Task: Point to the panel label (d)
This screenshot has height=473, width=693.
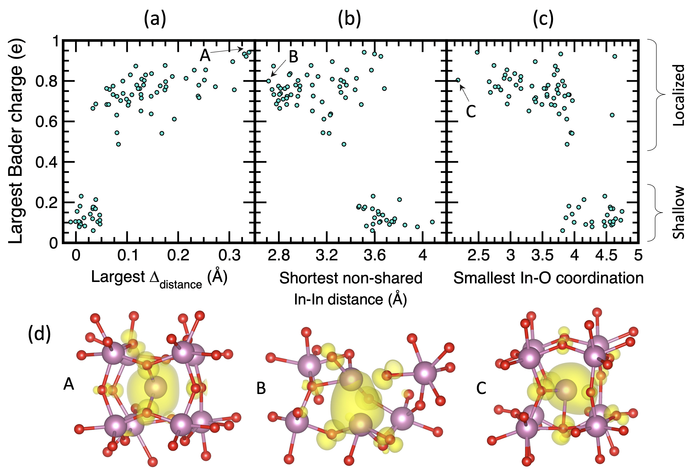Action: coord(39,334)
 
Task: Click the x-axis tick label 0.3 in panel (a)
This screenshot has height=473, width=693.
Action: coord(229,256)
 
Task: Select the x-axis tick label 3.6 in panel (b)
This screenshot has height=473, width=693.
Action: coord(375,256)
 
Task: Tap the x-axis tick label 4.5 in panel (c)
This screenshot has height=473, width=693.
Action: coord(606,256)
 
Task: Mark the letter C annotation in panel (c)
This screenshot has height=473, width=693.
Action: coord(471,112)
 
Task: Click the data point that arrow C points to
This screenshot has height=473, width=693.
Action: coord(458,80)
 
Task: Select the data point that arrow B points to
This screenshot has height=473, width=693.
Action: coord(268,81)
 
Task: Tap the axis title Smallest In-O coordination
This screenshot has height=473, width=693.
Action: coord(548,278)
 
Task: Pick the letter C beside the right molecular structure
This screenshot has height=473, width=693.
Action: coord(481,388)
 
